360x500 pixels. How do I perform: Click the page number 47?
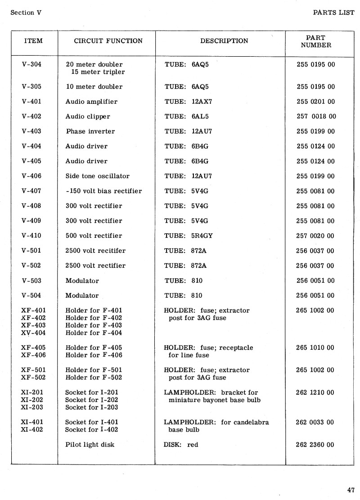click(351, 490)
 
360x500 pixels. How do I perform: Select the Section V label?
click(26, 13)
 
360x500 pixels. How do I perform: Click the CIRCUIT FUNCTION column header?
click(108, 41)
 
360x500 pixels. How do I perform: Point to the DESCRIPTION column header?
click(224, 41)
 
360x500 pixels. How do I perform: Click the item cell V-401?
click(31, 102)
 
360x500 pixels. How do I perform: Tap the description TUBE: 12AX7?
click(188, 102)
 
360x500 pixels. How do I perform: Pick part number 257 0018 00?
click(316, 116)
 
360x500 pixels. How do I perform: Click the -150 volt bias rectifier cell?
click(103, 191)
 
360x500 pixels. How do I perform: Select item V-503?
click(31, 281)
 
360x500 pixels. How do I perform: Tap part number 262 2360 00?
click(315, 445)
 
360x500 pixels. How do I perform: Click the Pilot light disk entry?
click(90, 445)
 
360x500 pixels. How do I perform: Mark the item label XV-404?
click(33, 333)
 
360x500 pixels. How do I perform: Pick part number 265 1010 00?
click(315, 348)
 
